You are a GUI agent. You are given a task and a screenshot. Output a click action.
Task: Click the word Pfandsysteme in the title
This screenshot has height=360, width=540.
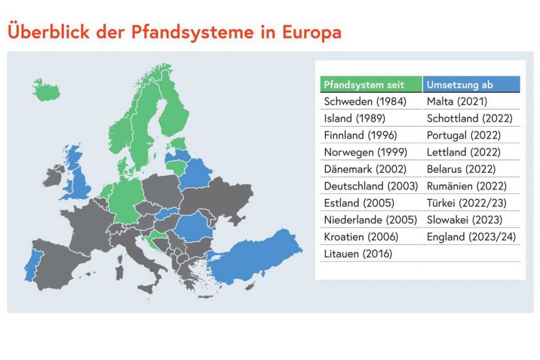(192, 32)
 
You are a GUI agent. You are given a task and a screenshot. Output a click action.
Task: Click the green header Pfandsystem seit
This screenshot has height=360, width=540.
(371, 84)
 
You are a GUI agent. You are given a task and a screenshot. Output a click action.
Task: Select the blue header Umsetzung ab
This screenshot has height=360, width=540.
(471, 84)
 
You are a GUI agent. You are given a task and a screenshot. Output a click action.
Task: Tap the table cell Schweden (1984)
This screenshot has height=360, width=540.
(365, 101)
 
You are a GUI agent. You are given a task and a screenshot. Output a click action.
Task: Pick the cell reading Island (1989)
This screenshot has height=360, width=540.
(354, 118)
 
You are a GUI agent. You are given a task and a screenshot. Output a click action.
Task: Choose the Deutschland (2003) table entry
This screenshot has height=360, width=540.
(371, 186)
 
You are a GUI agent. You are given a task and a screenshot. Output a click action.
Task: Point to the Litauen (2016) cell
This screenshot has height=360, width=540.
(358, 254)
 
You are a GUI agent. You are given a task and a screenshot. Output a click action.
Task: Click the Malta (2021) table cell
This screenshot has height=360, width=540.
(457, 101)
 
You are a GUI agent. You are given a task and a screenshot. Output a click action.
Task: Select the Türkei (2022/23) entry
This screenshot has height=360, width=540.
(467, 203)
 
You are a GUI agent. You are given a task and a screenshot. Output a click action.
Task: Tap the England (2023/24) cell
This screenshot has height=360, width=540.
(471, 237)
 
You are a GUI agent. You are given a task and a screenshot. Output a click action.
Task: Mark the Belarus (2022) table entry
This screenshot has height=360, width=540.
(461, 169)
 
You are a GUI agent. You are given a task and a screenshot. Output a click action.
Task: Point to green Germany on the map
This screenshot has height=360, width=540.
(126, 201)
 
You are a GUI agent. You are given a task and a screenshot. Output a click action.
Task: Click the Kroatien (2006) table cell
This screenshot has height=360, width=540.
(361, 237)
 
